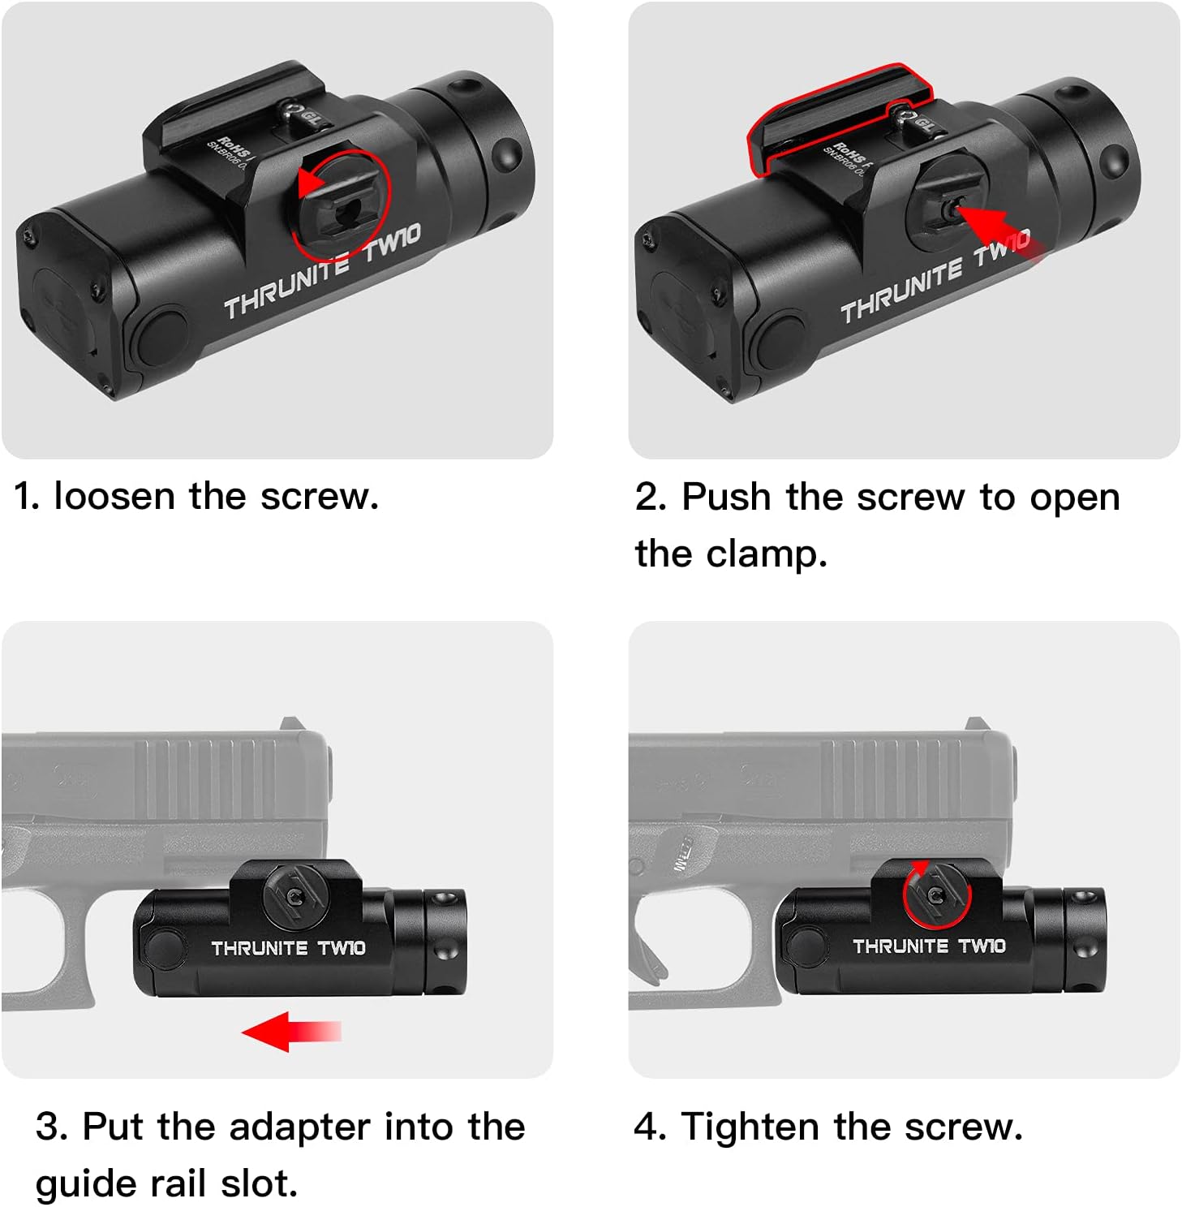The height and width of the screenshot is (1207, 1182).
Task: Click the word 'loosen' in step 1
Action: point(114,496)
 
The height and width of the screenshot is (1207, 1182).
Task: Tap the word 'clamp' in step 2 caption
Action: point(766,554)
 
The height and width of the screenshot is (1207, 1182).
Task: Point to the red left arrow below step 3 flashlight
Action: point(290,1032)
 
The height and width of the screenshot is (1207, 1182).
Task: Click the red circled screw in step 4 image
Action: point(936,894)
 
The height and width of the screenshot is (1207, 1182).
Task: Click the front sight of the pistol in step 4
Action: point(975,723)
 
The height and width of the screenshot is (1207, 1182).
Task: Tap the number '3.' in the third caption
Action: point(52,1127)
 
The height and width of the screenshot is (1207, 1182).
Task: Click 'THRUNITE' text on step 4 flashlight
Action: point(900,946)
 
